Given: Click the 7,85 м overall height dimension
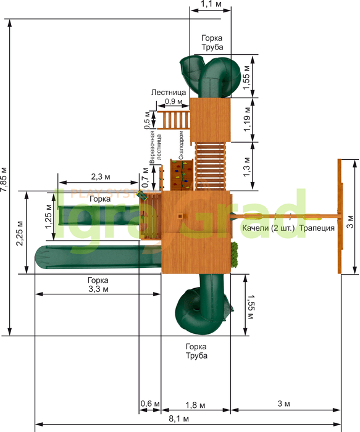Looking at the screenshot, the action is [x=5, y=179].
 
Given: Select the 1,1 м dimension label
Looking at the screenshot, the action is [x=211, y=4].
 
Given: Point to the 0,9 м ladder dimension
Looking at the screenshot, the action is [x=174, y=101].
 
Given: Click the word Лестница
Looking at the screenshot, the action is [x=169, y=93].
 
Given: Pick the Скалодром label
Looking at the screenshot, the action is [x=181, y=145].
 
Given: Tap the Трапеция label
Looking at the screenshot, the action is [x=317, y=228].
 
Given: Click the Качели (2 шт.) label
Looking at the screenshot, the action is [x=269, y=228].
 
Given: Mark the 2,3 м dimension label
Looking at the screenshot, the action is [x=101, y=177].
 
